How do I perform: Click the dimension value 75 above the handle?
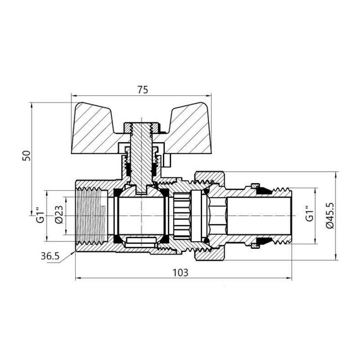point(142,90)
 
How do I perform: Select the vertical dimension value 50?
point(26,155)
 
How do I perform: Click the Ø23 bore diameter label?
point(57,215)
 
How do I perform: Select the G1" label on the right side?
point(309,215)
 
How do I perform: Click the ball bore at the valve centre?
point(142,215)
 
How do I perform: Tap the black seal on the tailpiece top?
point(255,186)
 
